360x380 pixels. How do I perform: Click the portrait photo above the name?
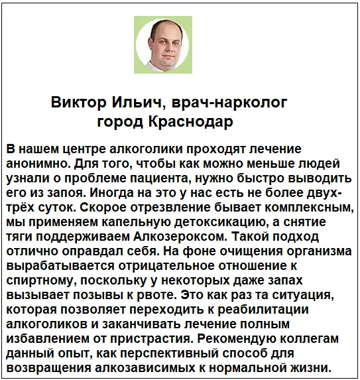pos(162,44)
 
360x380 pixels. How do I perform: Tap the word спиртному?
pos(39,280)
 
